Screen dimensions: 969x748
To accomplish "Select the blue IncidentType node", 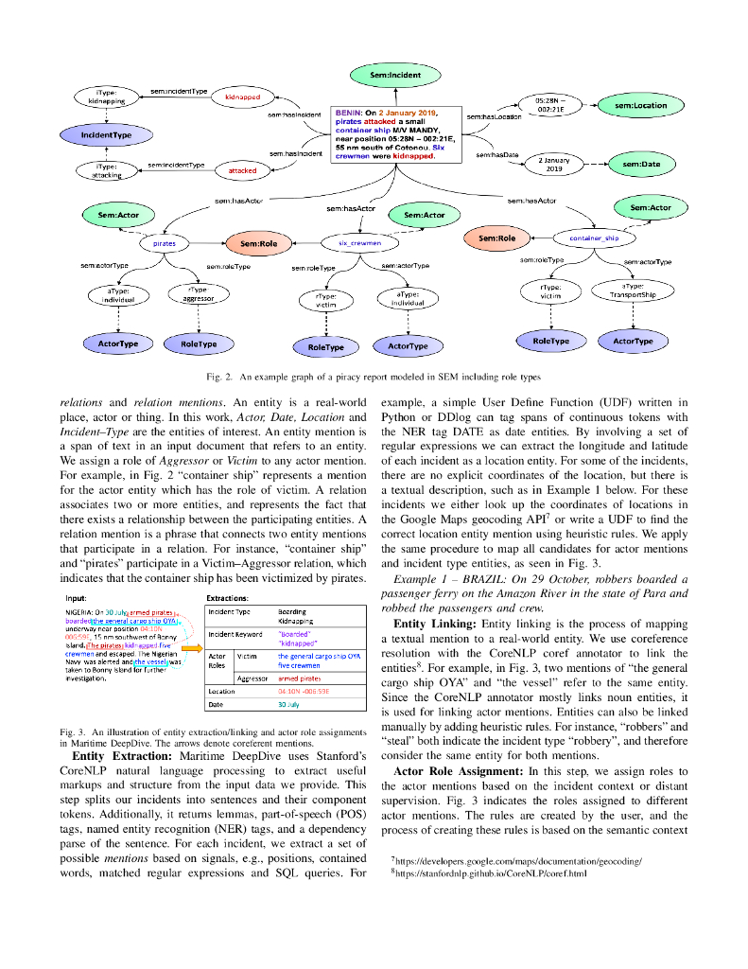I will coord(106,135).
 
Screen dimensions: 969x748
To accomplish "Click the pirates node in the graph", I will coord(165,243).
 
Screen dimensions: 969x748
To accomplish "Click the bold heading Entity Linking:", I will coord(435,624).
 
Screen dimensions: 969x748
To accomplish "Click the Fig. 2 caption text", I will coord(375,376).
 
